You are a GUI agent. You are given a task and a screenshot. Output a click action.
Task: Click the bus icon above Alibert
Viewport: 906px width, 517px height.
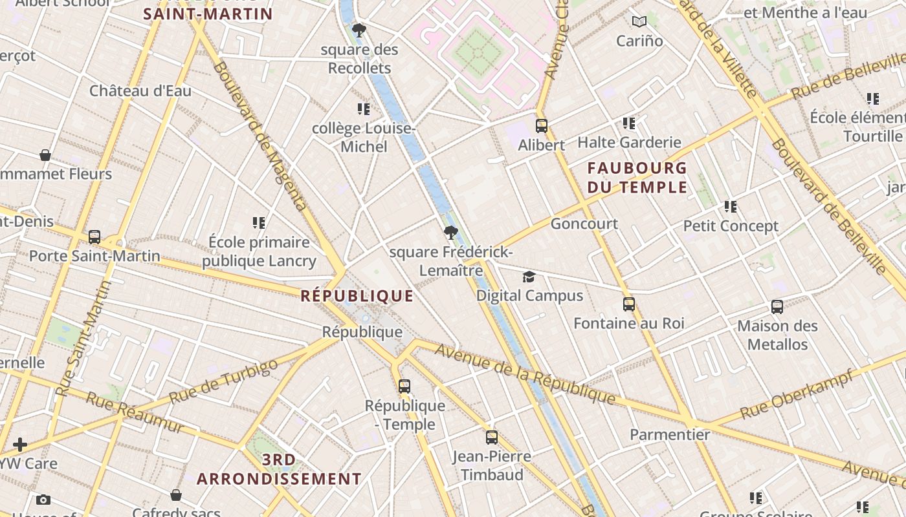[542, 126]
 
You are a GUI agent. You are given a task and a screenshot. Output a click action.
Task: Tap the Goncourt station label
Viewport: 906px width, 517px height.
[584, 224]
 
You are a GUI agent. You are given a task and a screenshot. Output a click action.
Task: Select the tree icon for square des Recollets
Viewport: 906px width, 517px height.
[359, 30]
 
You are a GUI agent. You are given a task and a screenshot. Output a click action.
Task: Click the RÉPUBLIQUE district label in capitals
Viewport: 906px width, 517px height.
[357, 296]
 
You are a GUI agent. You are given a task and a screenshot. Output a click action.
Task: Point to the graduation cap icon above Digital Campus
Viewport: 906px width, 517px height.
[529, 277]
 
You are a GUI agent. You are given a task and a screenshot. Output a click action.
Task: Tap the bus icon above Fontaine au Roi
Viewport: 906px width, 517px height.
[629, 304]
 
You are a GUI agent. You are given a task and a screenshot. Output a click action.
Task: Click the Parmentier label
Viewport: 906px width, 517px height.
[670, 434]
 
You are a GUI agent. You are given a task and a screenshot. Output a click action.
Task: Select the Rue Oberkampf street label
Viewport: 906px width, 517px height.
[796, 394]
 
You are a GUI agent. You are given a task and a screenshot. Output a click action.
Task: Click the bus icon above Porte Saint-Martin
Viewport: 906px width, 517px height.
[94, 237]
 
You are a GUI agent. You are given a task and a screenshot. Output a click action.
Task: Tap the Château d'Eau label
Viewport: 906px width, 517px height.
[140, 90]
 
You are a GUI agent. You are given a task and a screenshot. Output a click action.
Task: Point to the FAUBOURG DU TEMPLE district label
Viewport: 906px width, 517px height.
[637, 178]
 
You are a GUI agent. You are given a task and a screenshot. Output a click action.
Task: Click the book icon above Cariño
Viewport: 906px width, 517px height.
[639, 21]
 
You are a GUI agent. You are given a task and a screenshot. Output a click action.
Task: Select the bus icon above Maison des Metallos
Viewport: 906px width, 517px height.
[777, 307]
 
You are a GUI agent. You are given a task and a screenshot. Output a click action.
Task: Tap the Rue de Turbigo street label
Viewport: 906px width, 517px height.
[223, 381]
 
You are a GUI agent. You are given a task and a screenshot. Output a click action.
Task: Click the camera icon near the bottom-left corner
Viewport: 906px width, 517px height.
[43, 500]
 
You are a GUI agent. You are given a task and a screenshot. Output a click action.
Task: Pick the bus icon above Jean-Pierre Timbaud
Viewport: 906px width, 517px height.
[492, 438]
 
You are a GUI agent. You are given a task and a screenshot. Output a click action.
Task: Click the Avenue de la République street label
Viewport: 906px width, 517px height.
[524, 374]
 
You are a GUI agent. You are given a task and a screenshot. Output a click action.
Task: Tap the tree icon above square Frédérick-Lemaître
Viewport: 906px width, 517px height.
[451, 233]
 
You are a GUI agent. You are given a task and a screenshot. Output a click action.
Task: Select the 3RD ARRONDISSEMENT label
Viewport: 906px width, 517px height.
[279, 469]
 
